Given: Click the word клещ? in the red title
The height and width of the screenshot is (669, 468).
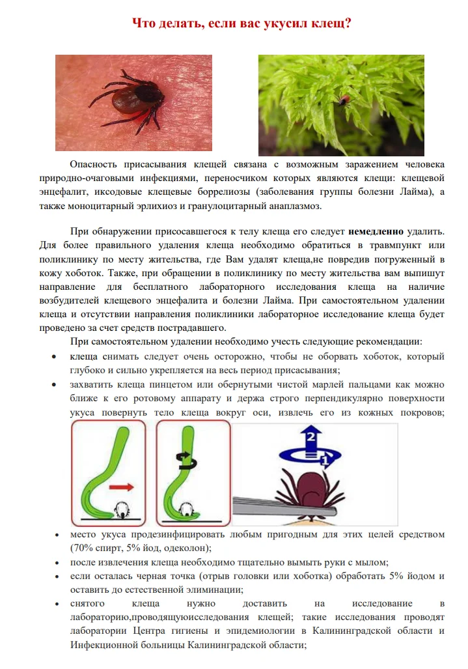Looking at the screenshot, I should (329, 23).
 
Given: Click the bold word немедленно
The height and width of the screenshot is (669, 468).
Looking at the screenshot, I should (377, 231).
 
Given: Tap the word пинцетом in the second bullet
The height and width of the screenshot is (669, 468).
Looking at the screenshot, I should (163, 384).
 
